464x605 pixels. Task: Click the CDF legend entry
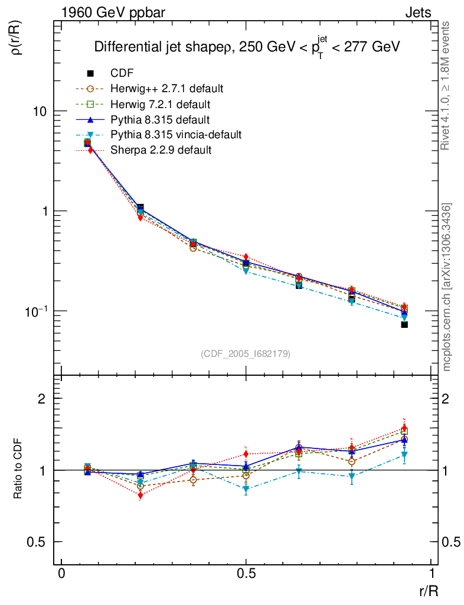coord(122,73)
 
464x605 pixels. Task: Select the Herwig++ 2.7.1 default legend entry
coord(166,89)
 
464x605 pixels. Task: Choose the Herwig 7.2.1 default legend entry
coord(161,104)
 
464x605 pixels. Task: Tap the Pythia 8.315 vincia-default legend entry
coord(176,135)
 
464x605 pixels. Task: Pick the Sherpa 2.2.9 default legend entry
coord(161,150)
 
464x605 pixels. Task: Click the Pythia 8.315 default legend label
coord(160,119)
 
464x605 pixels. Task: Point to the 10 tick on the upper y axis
coord(41,112)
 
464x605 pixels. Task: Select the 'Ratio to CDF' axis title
coord(18,470)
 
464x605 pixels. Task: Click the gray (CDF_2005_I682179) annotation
coord(246,353)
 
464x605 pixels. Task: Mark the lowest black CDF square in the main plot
coord(404,324)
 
